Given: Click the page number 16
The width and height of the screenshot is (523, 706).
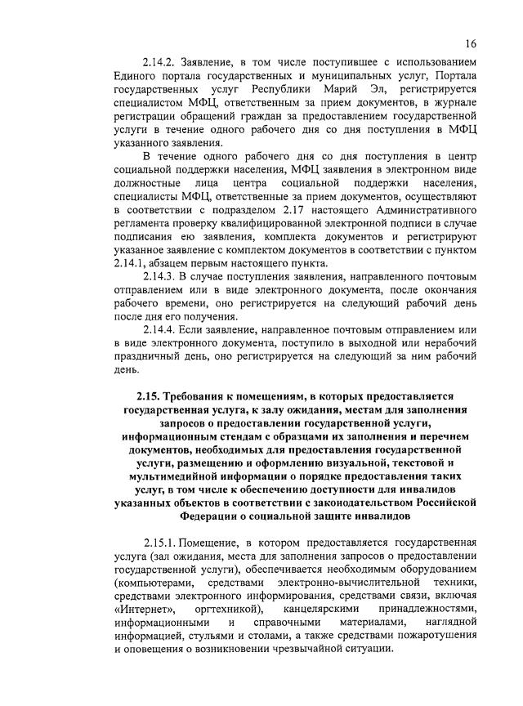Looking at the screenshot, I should point(472,43).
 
